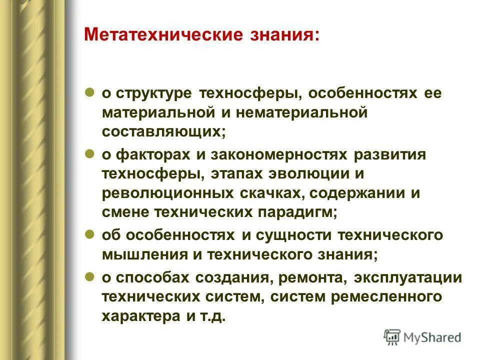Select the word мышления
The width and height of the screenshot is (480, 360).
(134, 254)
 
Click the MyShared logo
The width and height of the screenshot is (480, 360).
(422, 337)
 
